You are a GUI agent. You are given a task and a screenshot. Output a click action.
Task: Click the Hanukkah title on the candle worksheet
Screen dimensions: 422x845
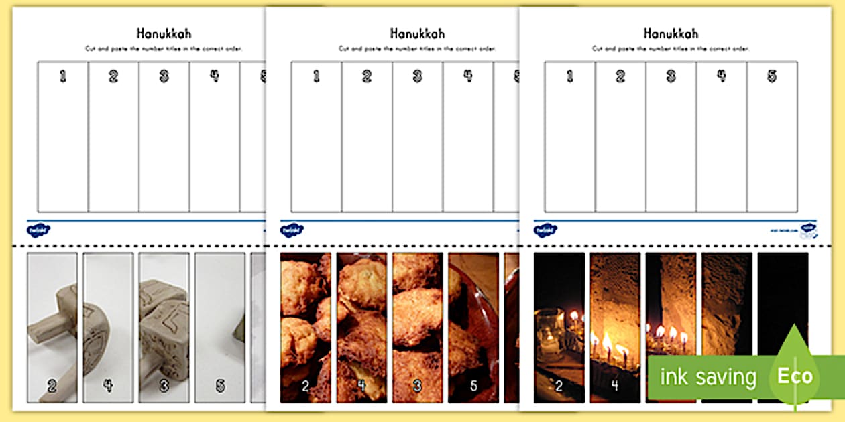(671, 33)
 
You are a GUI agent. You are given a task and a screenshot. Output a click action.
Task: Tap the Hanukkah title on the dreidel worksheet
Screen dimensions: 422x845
(164, 33)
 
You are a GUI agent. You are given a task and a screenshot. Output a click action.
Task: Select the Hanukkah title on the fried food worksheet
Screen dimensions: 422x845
(417, 33)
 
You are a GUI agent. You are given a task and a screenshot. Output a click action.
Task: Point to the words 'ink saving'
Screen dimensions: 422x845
(708, 377)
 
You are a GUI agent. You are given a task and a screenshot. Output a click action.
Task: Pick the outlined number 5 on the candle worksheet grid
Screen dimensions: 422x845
(772, 76)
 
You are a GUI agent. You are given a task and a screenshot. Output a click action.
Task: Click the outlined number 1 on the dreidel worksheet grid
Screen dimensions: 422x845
(63, 76)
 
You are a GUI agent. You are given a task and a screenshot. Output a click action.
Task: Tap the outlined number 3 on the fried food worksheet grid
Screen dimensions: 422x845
(417, 76)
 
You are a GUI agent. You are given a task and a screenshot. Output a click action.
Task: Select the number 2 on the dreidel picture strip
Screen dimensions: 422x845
(51, 385)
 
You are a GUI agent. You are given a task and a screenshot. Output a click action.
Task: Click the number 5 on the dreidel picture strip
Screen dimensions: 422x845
(221, 385)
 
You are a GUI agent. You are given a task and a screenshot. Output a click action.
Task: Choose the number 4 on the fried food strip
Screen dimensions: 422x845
(361, 385)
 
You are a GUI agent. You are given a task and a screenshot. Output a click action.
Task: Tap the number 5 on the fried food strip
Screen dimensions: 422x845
(473, 385)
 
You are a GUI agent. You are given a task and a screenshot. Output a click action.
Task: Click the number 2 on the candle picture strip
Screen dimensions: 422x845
(558, 385)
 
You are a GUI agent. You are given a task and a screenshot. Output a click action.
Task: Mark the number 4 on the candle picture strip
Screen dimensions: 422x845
(615, 385)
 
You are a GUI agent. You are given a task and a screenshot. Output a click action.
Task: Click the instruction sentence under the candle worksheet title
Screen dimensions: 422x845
(671, 49)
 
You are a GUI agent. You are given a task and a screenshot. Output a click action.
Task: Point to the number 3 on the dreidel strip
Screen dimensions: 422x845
(164, 385)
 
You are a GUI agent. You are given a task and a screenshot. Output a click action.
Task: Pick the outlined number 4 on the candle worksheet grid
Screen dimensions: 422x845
(722, 76)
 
